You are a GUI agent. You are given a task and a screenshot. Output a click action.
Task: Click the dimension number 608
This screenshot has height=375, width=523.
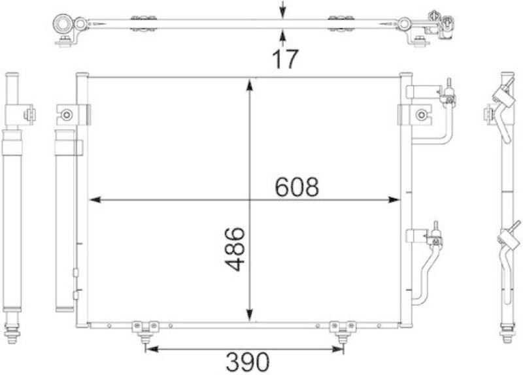point(297,187)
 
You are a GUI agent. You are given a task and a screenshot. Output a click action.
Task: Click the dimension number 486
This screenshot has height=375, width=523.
point(235,249)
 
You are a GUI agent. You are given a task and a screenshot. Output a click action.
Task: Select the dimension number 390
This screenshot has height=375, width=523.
point(248,362)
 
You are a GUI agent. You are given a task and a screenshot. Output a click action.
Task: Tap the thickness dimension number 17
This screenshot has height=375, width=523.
point(284,59)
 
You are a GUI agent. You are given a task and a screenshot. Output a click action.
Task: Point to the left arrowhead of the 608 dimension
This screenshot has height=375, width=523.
point(95,200)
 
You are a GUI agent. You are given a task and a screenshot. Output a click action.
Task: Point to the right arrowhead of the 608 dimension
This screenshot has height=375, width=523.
point(394,200)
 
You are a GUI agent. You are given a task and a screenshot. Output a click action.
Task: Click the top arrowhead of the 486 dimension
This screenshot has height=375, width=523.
point(249,85)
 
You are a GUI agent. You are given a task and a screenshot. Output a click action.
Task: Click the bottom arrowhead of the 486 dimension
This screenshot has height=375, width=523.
point(249,316)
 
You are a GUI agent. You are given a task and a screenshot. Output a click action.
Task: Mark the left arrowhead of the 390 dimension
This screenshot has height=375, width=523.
point(152,349)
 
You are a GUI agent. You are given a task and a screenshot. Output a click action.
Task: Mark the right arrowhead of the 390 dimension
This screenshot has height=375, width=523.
point(337,349)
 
